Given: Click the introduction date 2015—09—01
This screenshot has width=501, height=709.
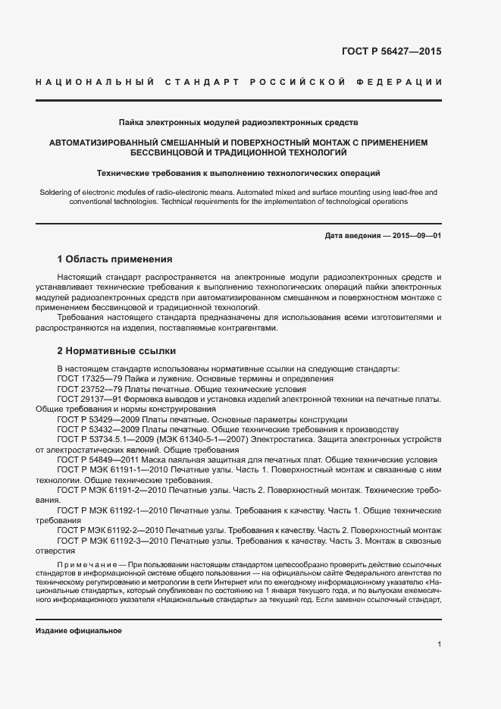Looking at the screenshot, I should [x=416, y=236].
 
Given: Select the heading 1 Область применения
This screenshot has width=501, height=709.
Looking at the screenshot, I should [x=115, y=259].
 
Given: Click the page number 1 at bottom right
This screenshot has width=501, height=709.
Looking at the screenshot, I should [x=440, y=645].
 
